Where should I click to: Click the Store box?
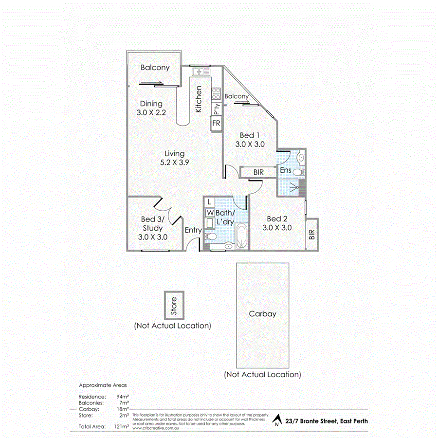click(174, 305)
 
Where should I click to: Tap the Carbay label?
click(262, 314)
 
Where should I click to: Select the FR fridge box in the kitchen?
click(216, 124)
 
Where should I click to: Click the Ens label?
click(286, 171)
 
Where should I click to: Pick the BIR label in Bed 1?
click(259, 172)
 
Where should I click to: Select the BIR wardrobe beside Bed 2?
click(312, 234)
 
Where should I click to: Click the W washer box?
click(209, 213)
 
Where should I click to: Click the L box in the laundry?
click(209, 201)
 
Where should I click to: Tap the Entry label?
click(193, 230)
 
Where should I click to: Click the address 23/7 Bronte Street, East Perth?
click(327, 421)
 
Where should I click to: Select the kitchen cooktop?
click(217, 92)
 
